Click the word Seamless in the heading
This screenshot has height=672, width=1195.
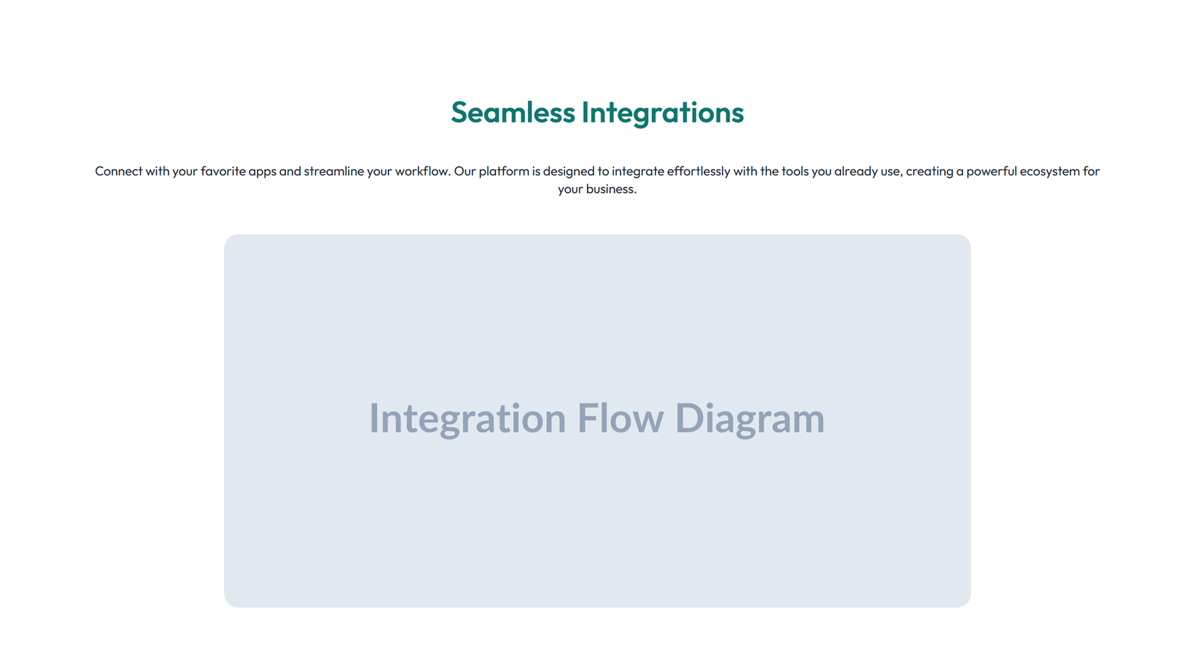coord(512,113)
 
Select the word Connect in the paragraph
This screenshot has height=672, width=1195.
coord(118,171)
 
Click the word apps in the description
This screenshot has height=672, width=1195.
coord(262,172)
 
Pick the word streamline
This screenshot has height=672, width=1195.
coord(333,171)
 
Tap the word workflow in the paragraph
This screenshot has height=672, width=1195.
coord(422,171)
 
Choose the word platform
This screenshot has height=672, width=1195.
coord(503,172)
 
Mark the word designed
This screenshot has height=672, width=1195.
coord(568,172)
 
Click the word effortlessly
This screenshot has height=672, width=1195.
coord(698,171)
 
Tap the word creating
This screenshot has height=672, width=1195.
coord(929,172)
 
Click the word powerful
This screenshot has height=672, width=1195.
coord(991,171)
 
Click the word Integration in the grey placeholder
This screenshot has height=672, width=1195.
coord(468,418)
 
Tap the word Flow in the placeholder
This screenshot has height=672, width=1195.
coord(620,418)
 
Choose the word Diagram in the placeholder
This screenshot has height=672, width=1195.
coord(750,418)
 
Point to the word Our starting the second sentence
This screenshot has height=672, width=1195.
coord(465,171)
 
